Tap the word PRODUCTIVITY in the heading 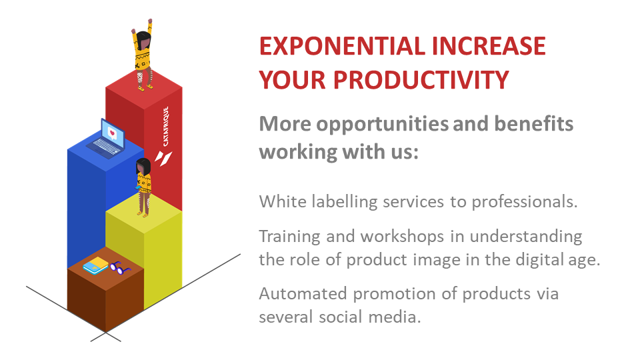(421, 79)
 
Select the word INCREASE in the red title (489, 46)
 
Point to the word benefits (534, 123)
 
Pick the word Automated (303, 293)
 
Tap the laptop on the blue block (107, 139)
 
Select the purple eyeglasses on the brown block (120, 268)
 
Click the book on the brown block (95, 265)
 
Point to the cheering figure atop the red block (143, 55)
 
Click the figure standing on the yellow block (144, 187)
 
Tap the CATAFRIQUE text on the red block (166, 126)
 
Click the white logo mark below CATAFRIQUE (163, 158)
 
